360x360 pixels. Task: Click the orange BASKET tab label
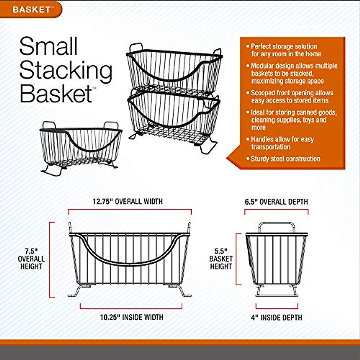(31, 9)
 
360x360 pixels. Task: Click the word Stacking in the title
(66, 70)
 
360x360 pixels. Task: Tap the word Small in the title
(49, 46)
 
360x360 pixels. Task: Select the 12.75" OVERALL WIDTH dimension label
(127, 201)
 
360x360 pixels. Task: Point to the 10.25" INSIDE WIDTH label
(132, 317)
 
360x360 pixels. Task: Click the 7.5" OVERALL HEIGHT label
(31, 259)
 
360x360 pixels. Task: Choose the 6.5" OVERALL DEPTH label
(276, 202)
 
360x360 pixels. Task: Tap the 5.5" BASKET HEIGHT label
(221, 259)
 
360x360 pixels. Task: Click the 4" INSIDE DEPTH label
(277, 317)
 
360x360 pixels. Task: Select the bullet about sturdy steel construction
(285, 159)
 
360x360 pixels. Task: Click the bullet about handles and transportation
(282, 143)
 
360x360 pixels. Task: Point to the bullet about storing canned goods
(292, 120)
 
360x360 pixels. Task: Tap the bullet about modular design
(292, 73)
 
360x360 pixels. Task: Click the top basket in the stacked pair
(174, 69)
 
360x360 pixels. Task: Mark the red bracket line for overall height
(50, 259)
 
